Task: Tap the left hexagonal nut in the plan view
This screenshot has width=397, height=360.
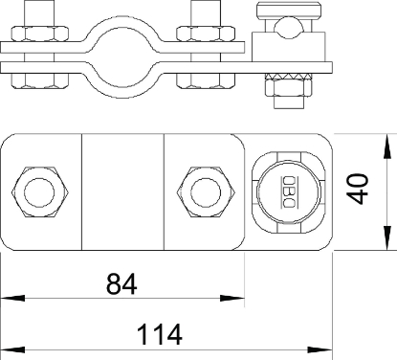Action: [38, 191]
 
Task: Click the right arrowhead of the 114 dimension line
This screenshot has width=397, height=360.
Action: [334, 349]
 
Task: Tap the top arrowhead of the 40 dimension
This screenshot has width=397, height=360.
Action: [386, 140]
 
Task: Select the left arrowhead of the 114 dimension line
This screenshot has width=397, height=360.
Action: [8, 349]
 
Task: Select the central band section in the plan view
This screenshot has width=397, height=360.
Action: [122, 192]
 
